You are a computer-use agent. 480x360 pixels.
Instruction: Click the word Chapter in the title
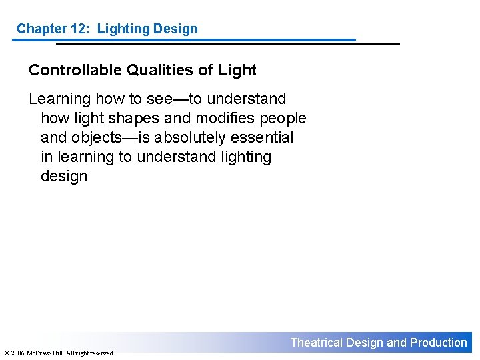click(x=41, y=29)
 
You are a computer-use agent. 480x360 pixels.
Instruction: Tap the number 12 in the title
click(x=81, y=29)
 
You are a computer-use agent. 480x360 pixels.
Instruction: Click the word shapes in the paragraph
click(x=136, y=118)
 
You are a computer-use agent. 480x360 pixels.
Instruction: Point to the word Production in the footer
click(x=439, y=343)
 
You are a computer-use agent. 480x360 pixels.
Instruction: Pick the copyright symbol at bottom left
click(x=5, y=353)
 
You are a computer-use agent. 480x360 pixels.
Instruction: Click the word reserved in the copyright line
click(x=101, y=353)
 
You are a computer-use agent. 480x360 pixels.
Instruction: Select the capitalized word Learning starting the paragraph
click(x=59, y=99)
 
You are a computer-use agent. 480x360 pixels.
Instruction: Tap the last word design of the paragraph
click(x=64, y=176)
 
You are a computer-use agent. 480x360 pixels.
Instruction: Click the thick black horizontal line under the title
click(x=227, y=44)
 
